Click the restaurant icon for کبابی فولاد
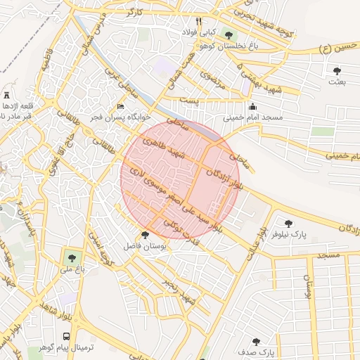pos(199,21)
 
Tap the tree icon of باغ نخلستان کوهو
pos(227,34)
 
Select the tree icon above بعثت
pos(337,71)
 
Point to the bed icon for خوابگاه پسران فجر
pos(120,107)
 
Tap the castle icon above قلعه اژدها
pos(6,95)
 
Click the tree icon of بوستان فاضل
pos(145,235)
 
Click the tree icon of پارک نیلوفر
pos(288,224)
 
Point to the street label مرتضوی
pos(211,79)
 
